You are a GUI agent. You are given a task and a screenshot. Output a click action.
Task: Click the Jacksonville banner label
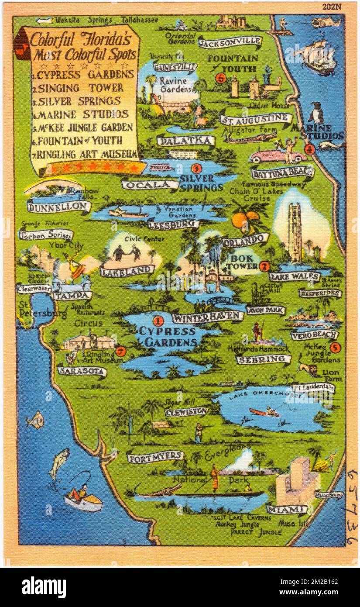(x=230, y=42)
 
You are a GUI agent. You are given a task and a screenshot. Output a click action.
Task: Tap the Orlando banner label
(x=245, y=240)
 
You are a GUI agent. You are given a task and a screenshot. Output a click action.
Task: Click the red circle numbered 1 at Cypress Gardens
(x=159, y=321)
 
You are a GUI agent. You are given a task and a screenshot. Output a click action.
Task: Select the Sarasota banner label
(x=82, y=371)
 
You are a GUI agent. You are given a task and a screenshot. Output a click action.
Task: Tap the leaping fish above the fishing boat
(x=59, y=463)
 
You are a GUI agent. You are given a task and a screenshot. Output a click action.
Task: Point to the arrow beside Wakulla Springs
(x=45, y=20)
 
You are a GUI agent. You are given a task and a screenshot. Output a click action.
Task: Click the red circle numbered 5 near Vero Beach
(x=335, y=348)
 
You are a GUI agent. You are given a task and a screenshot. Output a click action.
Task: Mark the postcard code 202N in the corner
(x=333, y=7)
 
